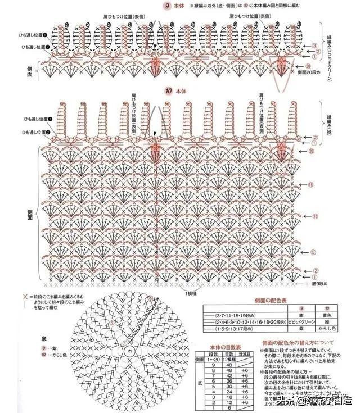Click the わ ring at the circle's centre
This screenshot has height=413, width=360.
pyautogui.click(x=131, y=350)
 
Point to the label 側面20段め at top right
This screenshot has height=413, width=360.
pyautogui.click(x=309, y=72)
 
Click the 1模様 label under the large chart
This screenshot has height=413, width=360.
pyautogui.click(x=190, y=293)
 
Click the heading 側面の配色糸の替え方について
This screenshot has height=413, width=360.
pyautogui.click(x=298, y=342)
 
